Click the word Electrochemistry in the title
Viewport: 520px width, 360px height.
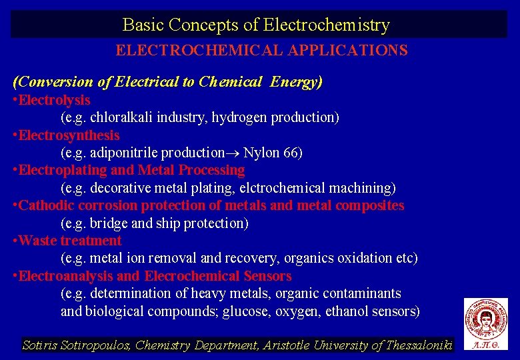[x=327, y=25]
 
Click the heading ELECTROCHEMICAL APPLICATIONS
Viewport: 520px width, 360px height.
[x=261, y=51]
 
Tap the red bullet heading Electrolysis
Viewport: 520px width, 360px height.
[x=54, y=100]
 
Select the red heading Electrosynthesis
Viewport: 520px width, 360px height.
[x=69, y=135]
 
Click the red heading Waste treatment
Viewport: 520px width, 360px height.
[x=70, y=241]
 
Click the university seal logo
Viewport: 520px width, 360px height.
[x=485, y=319]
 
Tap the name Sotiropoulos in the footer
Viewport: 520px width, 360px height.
[x=96, y=345]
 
